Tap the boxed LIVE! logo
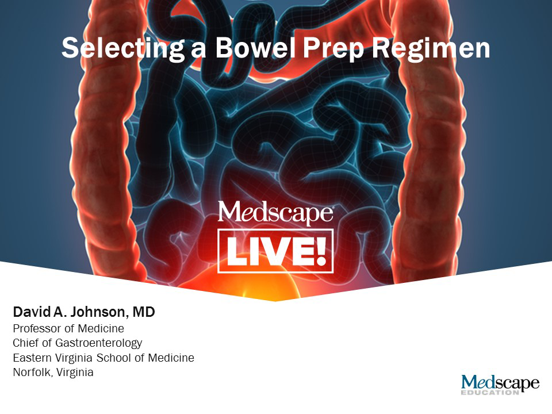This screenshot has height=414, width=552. (275, 251)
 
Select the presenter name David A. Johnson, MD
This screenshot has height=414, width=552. (84, 313)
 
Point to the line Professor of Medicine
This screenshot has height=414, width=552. (68, 329)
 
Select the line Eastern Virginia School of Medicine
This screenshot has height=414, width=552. (103, 358)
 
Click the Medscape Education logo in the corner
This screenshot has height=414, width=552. (500, 384)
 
